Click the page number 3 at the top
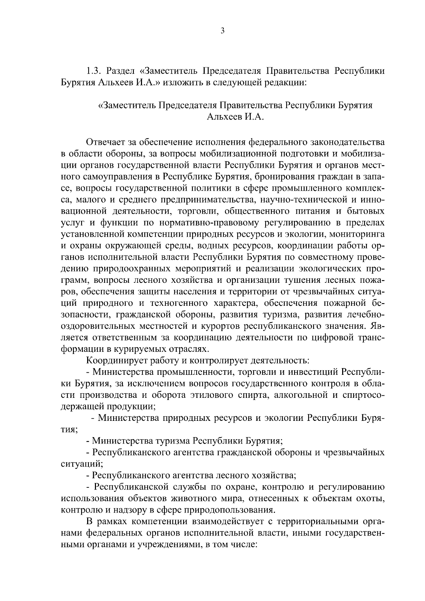222,31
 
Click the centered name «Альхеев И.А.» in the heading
236,117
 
